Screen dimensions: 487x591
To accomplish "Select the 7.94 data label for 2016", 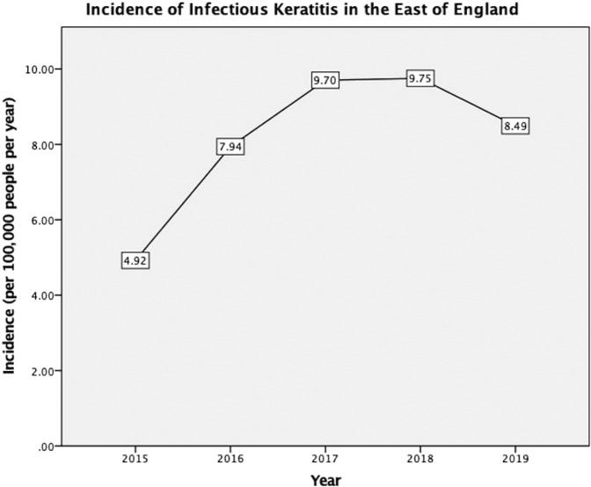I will [x=230, y=146].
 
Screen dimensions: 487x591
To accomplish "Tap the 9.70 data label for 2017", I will [x=325, y=80].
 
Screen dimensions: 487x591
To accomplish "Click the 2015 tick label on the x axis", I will [x=135, y=460].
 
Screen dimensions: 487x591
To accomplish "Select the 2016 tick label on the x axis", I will [x=230, y=460].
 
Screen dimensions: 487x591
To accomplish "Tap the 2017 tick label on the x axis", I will [x=325, y=460].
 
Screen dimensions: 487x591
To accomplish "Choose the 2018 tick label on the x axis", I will [x=420, y=460].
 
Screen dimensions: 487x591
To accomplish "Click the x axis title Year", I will [x=325, y=479].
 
